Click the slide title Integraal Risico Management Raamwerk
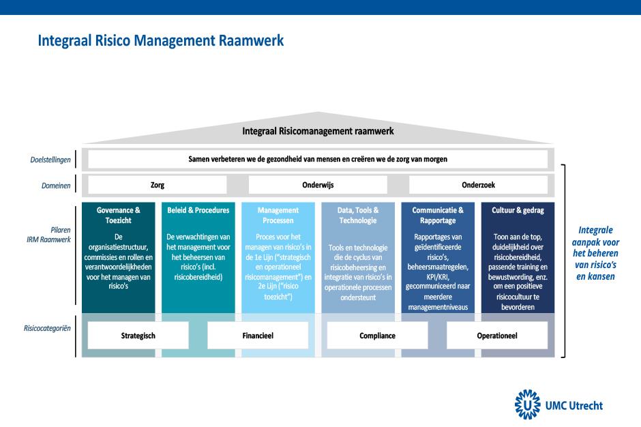coord(161,40)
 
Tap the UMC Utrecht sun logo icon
coord(527,404)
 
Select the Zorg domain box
coord(158,185)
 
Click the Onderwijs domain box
coord(318,185)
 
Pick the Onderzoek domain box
coord(478,185)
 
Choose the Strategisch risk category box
coord(138,336)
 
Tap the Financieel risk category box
coord(258,336)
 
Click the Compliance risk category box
coord(377,336)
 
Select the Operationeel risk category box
coord(497,336)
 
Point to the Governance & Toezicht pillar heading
coord(119,215)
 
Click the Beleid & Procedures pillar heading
coord(198,210)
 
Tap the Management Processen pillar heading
coord(278,215)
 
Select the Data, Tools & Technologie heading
coord(358,215)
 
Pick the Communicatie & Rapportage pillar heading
coord(438,215)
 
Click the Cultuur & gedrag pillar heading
coord(518,210)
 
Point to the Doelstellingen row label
coord(50,160)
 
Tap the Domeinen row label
coord(56,186)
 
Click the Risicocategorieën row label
coord(47,328)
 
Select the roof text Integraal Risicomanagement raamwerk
coord(318,131)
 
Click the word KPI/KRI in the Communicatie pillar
coord(438,277)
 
